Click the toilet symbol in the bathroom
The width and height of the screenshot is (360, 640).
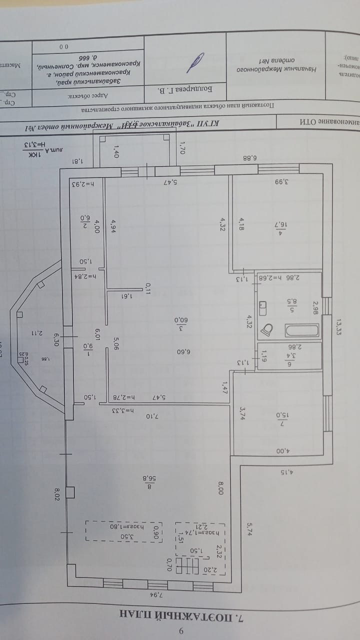269,329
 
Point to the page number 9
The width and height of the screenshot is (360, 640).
181,631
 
